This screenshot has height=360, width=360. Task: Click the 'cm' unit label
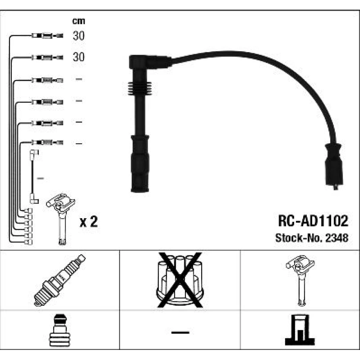click(78, 21)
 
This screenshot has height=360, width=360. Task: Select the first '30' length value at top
click(78, 36)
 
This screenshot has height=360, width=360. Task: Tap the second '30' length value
click(78, 57)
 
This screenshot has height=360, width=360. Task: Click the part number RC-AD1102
click(313, 221)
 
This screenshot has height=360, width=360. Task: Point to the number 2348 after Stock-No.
click(337, 238)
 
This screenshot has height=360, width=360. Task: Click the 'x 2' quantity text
click(89, 222)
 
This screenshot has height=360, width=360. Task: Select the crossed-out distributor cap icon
click(180, 280)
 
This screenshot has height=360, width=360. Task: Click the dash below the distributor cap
click(180, 332)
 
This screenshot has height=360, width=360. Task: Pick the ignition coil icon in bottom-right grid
click(300, 280)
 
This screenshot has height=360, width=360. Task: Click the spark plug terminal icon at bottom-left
click(60, 330)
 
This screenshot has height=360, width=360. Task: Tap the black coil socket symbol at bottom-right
click(300, 330)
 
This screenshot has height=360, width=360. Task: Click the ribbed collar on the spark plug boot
click(140, 89)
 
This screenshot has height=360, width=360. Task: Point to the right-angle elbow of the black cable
click(149, 62)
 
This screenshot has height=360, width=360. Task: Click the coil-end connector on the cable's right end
click(334, 166)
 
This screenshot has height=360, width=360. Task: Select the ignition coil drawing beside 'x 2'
click(60, 219)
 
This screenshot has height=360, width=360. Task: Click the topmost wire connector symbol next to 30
click(47, 36)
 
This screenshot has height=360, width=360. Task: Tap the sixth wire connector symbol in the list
click(47, 143)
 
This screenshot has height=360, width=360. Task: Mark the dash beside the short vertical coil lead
click(40, 179)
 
